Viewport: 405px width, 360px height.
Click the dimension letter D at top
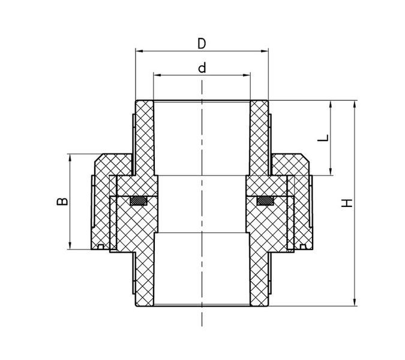[202, 43]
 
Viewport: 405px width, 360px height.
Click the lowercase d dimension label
[202, 68]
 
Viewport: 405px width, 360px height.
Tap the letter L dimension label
[323, 137]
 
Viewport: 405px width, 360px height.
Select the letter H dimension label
[347, 203]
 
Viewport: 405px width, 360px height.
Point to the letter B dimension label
[62, 202]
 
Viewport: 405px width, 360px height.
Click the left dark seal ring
[139, 201]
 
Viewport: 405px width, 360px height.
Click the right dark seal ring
[265, 201]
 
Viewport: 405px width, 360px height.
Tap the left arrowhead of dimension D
[139, 51]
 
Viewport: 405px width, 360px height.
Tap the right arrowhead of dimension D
[265, 51]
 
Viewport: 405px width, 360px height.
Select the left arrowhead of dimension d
[157, 75]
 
